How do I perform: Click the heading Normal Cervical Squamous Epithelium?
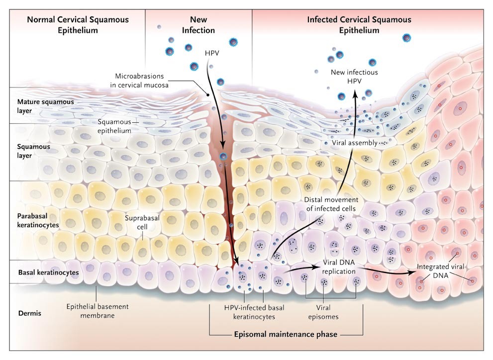(x=78, y=25)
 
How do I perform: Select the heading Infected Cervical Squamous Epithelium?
(x=359, y=25)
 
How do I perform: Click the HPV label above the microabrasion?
(x=213, y=52)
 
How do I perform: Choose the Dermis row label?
(x=30, y=314)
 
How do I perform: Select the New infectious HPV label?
(x=354, y=77)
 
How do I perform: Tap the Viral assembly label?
(x=354, y=143)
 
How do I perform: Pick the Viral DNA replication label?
(x=339, y=268)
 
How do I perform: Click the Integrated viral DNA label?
(x=441, y=271)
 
